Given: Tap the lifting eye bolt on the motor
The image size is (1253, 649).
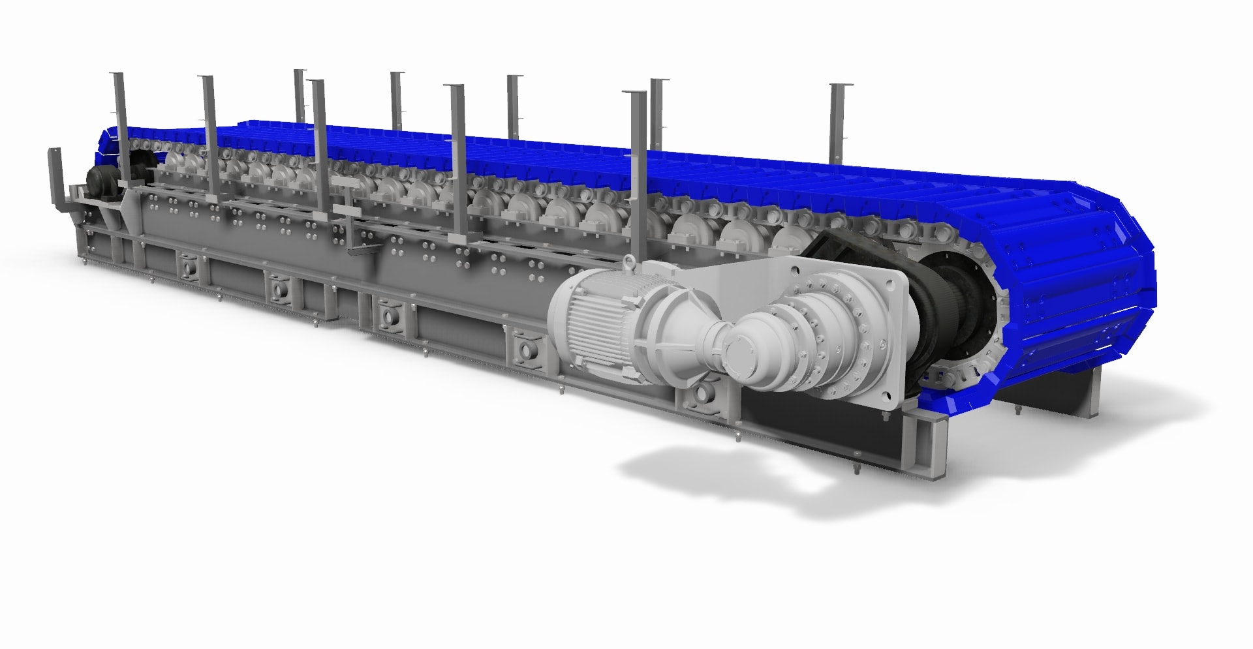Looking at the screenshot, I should (629, 262).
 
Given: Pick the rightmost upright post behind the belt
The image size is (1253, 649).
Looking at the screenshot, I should (838, 124).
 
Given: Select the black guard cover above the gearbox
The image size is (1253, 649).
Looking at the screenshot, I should (842, 248).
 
